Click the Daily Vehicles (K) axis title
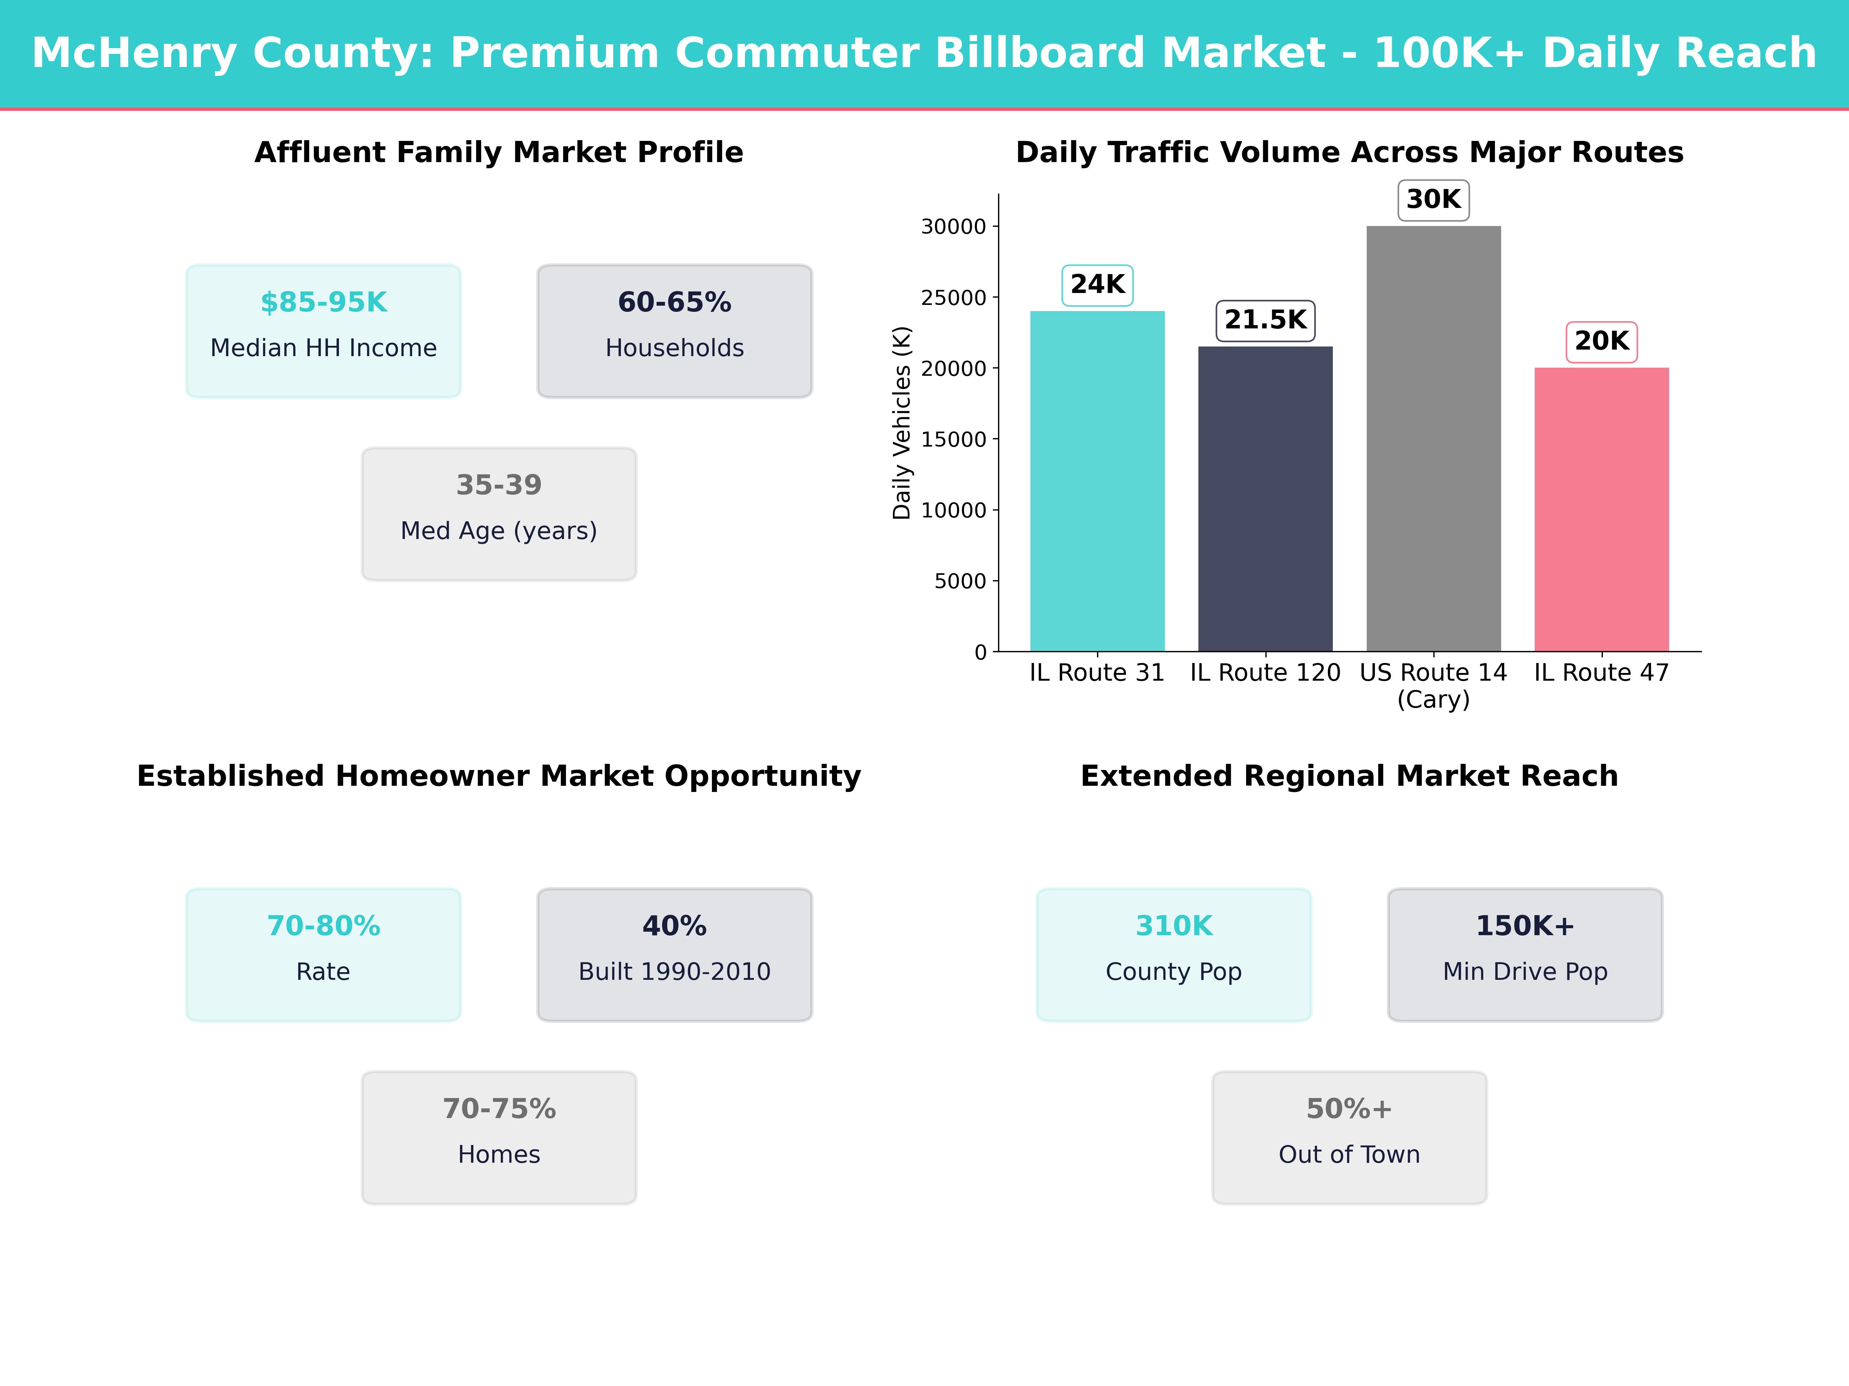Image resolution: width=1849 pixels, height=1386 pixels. tap(901, 423)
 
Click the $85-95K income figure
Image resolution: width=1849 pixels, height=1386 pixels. tap(324, 303)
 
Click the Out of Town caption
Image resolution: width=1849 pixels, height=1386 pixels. tap(1349, 1155)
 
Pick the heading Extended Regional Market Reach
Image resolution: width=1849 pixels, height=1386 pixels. tap(1349, 776)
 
